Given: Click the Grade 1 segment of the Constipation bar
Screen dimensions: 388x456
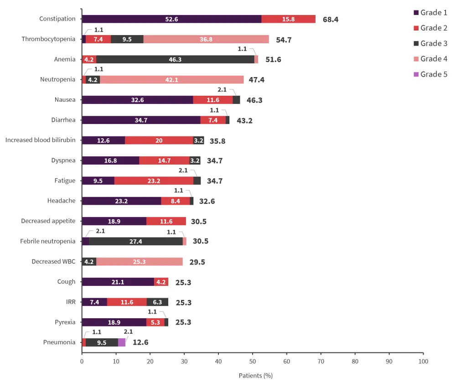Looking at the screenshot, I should tap(171, 19).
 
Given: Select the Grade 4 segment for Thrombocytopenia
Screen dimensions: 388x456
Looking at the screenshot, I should tap(206, 39).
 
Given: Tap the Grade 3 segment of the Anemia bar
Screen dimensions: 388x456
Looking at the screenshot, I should tap(175, 59).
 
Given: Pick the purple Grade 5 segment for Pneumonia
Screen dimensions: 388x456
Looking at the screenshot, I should tap(122, 342).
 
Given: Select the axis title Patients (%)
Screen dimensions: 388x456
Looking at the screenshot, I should tap(255, 376).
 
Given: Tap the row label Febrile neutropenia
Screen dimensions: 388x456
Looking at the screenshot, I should tap(47, 241).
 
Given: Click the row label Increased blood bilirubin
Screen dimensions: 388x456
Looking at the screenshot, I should tap(40, 140).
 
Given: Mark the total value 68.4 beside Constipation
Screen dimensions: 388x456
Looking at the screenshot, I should tap(331, 20).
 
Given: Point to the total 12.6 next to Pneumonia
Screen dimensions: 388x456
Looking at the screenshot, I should tap(140, 342).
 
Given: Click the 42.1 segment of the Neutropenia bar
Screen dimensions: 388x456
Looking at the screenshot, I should tap(171, 80).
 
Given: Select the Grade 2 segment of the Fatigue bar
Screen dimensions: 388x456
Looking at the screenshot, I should tap(154, 181).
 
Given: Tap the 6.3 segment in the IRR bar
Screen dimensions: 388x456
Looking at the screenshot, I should tap(157, 302).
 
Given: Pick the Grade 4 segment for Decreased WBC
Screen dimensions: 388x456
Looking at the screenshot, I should tap(139, 262).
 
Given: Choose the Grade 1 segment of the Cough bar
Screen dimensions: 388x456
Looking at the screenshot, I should tap(118, 282).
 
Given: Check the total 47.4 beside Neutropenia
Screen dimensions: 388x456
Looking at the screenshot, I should tap(255, 80).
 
